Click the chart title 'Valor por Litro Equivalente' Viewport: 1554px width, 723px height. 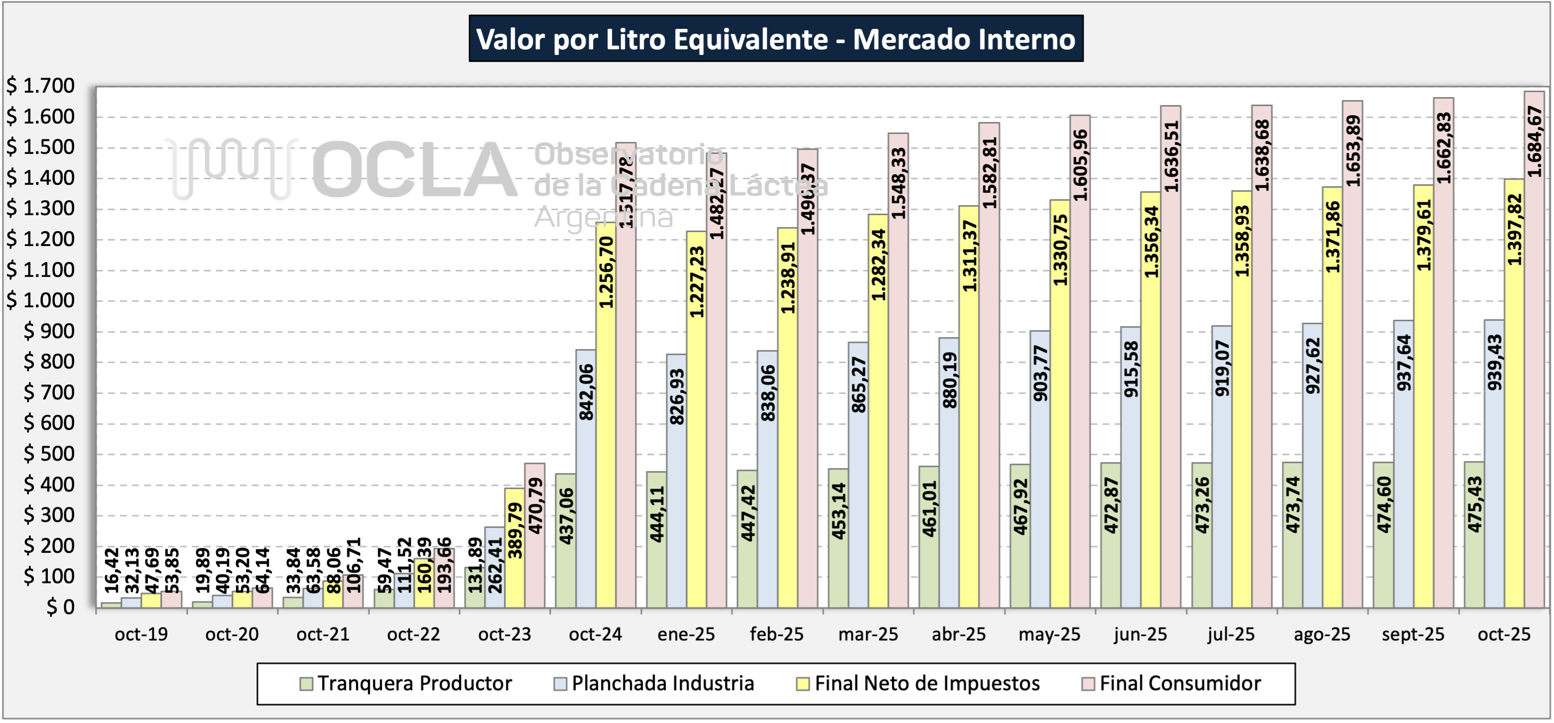pos(776,39)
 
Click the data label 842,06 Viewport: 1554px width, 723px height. pos(586,392)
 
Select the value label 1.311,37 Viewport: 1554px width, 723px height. pos(969,256)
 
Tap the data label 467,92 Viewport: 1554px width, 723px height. pos(1020,507)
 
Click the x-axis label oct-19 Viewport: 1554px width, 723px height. pos(141,634)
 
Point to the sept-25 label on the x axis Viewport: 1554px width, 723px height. pos(1413,634)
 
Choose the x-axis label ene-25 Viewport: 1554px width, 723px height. pos(686,634)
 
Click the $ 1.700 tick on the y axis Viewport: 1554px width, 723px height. pos(41,86)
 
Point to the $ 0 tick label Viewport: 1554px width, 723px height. pos(60,607)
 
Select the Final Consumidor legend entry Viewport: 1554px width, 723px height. pos(1180,683)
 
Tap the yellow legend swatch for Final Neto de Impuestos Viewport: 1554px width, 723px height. pos(802,684)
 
